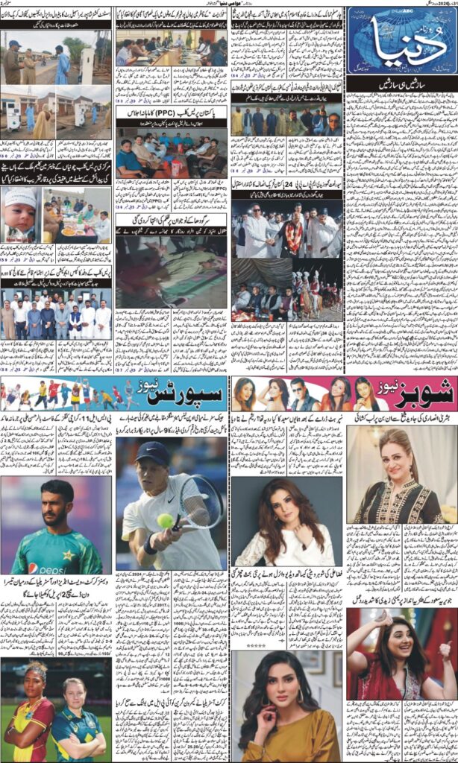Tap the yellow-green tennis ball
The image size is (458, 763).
click(165, 521)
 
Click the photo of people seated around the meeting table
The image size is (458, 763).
click(170, 48)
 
